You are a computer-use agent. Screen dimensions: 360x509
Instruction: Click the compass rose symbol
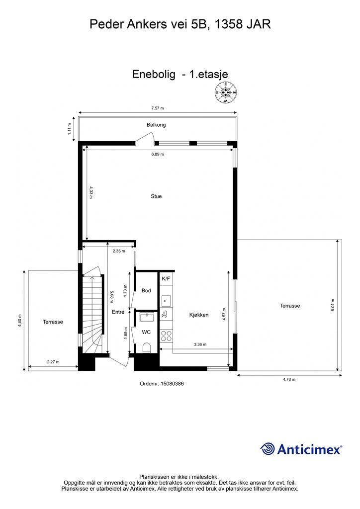tap(226, 92)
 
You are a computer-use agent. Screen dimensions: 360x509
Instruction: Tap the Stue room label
tap(156, 196)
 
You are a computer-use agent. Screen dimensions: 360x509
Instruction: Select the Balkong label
tap(156, 125)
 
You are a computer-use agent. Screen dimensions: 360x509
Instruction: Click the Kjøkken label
tap(199, 315)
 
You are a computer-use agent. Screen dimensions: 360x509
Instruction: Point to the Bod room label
tap(146, 290)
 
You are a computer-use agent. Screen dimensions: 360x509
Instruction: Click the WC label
tap(146, 332)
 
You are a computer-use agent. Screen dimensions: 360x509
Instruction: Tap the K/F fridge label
tap(166, 278)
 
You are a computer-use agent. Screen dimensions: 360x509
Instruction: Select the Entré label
tap(118, 312)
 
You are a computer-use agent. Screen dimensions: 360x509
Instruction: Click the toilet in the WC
tap(146, 347)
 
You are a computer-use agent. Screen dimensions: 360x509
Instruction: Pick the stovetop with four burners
tap(167, 336)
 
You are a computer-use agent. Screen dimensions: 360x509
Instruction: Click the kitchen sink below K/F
tap(167, 301)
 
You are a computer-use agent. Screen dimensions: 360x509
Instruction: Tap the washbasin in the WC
tap(147, 317)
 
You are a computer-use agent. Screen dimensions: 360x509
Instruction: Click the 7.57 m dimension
tap(158, 108)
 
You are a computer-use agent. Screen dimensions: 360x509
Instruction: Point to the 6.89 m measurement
tap(158, 154)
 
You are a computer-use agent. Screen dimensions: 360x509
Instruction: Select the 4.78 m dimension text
tap(289, 379)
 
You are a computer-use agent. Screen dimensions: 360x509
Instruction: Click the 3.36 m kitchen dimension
tap(200, 344)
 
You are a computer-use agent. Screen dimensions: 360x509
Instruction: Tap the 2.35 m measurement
tap(118, 251)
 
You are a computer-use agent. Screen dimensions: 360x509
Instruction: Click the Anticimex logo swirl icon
tap(268, 449)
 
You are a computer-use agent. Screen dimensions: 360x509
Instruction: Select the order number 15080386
tap(162, 384)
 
